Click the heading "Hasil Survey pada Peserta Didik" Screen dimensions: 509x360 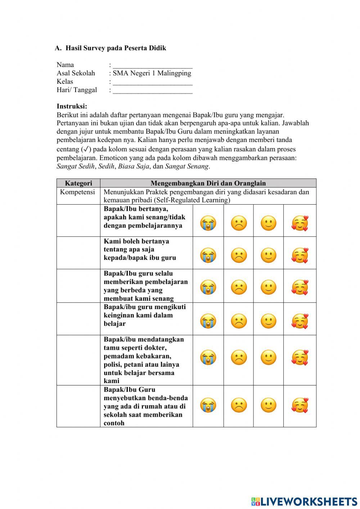(116, 48)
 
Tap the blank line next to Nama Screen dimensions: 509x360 (152, 65)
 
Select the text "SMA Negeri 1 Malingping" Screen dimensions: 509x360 (152, 73)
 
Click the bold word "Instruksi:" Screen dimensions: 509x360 (72, 106)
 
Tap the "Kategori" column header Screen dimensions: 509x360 (78, 183)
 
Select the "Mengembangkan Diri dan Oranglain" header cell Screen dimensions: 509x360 (208, 183)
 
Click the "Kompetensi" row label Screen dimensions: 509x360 (77, 192)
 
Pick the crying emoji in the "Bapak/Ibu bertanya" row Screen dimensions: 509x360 (208, 223)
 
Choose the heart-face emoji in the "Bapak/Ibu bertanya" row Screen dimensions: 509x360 (300, 223)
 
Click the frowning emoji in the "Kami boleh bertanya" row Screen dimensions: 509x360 (239, 255)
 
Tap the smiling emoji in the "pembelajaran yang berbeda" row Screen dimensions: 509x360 (268, 287)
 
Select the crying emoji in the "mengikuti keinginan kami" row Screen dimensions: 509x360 (208, 321)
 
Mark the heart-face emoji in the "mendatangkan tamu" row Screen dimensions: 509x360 (300, 357)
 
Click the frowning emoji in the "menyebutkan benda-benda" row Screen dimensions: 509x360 (239, 405)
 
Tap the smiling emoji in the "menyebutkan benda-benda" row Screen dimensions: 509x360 (268, 405)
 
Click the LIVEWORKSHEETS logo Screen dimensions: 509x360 (304, 501)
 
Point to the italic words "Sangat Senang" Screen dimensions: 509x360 (186, 166)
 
